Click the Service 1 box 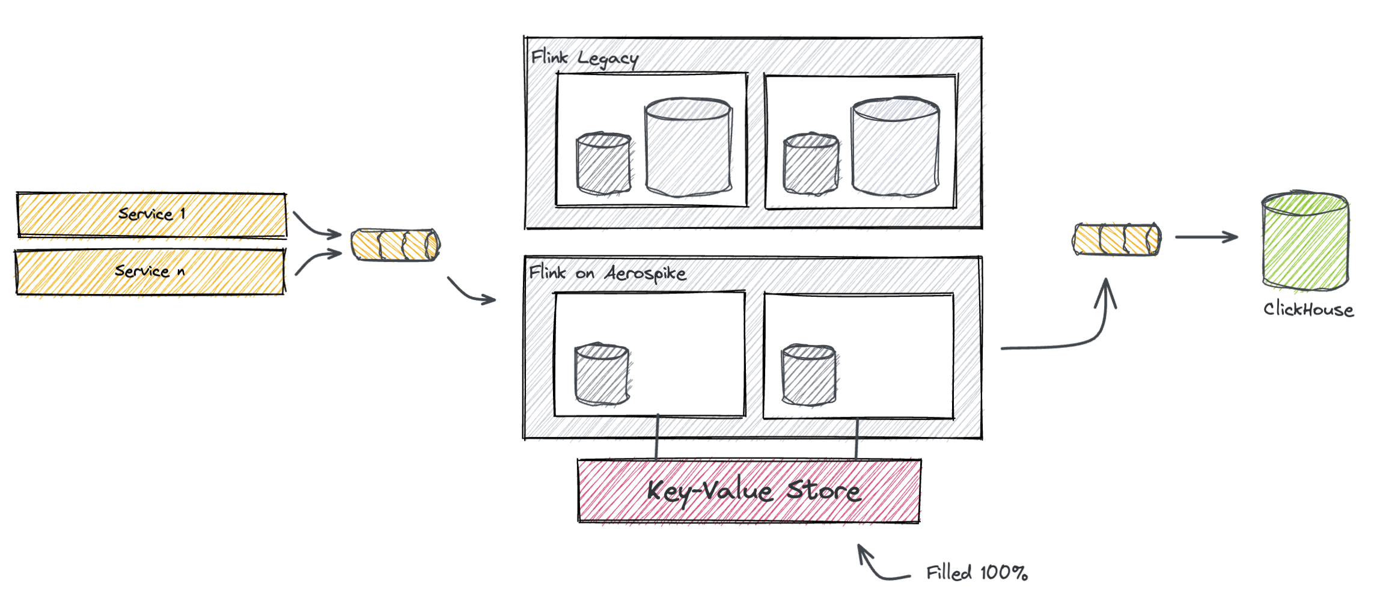coord(151,215)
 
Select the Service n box coord(150,272)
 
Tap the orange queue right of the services coord(395,245)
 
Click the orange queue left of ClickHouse coord(1117,239)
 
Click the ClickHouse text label coord(1308,310)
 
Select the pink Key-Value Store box coord(749,491)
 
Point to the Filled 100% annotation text coord(977,573)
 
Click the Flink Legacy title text coord(584,58)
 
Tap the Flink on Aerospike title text coord(607,273)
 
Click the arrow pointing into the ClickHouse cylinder coord(1206,237)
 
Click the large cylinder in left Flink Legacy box coord(688,147)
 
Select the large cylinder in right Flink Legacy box coord(895,147)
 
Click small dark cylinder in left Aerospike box coord(602,374)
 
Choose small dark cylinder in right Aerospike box coord(808,375)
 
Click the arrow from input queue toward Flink coord(471,291)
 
